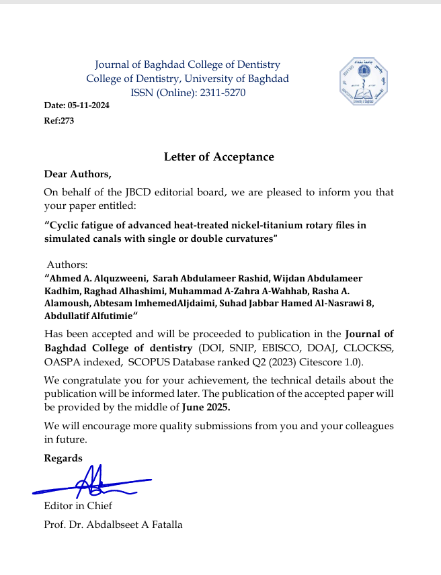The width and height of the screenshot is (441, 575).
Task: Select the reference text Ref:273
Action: click(x=59, y=121)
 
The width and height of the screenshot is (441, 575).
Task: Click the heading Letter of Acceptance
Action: click(x=219, y=157)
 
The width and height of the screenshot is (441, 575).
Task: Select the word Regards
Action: click(x=63, y=458)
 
